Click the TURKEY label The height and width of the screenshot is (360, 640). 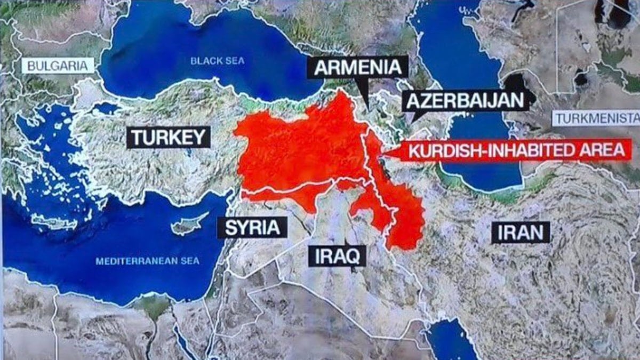click(x=169, y=137)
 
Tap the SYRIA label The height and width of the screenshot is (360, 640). click(x=252, y=227)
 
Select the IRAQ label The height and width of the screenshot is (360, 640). click(x=337, y=256)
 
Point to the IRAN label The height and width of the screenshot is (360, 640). click(x=521, y=233)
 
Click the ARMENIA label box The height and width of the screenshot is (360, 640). click(x=357, y=68)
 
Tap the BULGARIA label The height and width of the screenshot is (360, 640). click(x=57, y=66)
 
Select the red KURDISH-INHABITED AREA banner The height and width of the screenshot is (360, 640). click(x=515, y=150)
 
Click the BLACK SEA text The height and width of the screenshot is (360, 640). click(x=218, y=61)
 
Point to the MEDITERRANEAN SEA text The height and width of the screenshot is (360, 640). click(x=147, y=261)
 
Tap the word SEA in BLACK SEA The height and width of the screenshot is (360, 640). click(x=235, y=61)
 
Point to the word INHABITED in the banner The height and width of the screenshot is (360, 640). click(x=523, y=150)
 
